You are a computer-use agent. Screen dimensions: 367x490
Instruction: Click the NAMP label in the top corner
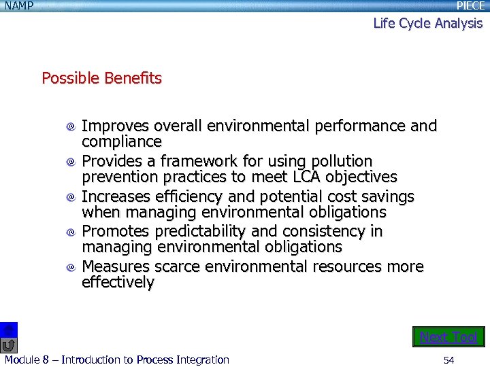click(x=19, y=6)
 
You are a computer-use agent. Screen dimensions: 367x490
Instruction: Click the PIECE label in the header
click(x=470, y=6)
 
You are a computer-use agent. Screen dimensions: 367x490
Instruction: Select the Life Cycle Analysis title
click(x=427, y=23)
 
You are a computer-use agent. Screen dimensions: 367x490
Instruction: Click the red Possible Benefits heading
click(x=101, y=78)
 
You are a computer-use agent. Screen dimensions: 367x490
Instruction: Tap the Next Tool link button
click(x=448, y=337)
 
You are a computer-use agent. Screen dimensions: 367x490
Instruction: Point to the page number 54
click(x=448, y=360)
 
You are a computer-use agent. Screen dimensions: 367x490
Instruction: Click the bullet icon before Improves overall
click(x=71, y=127)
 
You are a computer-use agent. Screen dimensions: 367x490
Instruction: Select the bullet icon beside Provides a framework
click(x=71, y=162)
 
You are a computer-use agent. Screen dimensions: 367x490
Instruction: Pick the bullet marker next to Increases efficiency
click(x=71, y=198)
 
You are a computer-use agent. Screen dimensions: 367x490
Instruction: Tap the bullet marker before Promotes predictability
click(x=71, y=232)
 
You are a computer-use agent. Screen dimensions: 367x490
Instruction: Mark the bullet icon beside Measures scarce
click(x=71, y=268)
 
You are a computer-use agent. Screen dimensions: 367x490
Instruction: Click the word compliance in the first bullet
click(x=122, y=142)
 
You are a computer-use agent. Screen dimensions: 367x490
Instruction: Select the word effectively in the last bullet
click(x=118, y=283)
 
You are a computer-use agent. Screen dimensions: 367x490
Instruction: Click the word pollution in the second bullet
click(x=342, y=162)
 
